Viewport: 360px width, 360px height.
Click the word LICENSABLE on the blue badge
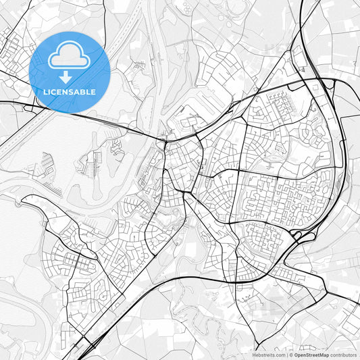(x=70, y=91)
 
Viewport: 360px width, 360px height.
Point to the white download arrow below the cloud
(x=70, y=75)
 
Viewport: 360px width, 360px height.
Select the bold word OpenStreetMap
(x=311, y=354)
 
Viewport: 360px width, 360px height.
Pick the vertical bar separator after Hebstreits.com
(x=285, y=354)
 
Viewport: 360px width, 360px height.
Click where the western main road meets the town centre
(x=164, y=138)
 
